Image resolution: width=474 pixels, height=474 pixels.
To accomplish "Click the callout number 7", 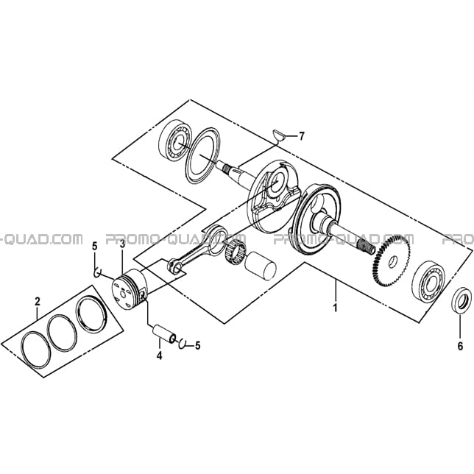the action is (x=300, y=136).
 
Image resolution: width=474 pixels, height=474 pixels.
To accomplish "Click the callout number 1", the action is (x=335, y=308).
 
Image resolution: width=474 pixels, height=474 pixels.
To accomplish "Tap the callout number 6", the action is (x=460, y=346).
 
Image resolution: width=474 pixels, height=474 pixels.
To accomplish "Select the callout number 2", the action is (x=38, y=301).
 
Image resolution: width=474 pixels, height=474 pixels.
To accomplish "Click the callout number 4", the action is (x=159, y=355).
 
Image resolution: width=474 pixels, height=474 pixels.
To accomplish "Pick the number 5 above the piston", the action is (x=95, y=247).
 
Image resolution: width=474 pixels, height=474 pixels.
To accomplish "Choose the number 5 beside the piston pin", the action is (x=197, y=345).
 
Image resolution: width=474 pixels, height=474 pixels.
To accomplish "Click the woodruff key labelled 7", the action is (x=278, y=135).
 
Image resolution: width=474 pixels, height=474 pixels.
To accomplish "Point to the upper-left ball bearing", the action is (x=174, y=142).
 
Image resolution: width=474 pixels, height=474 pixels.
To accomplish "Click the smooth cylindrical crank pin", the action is (x=261, y=266).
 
